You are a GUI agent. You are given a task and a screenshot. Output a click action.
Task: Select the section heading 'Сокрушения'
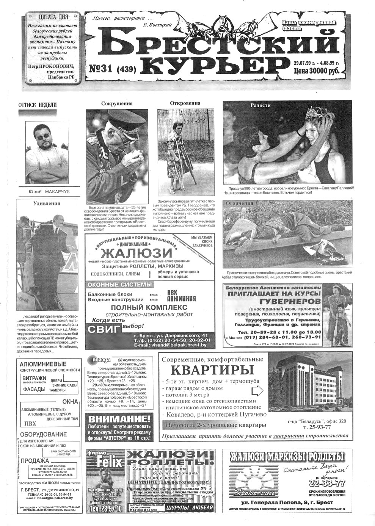(x=117, y=103)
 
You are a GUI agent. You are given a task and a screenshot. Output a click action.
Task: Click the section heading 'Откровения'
(x=185, y=103)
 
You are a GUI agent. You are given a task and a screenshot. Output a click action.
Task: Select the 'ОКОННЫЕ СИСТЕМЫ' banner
(x=119, y=285)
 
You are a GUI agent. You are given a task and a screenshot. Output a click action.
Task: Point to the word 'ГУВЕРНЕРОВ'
(x=290, y=301)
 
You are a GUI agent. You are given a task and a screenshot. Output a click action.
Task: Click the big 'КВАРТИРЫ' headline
(x=212, y=369)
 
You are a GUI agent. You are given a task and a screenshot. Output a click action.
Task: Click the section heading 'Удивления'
(x=47, y=203)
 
